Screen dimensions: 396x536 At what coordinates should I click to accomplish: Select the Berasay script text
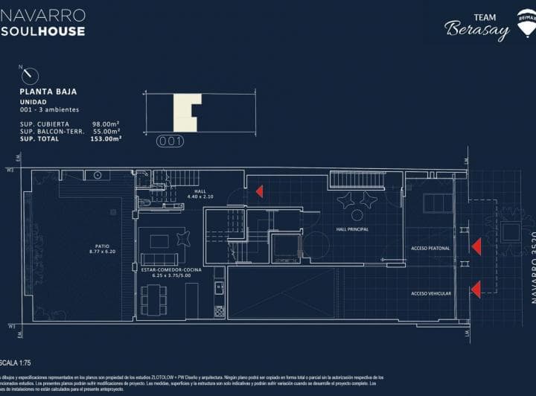477,31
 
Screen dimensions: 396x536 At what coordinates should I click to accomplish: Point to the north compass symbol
31,75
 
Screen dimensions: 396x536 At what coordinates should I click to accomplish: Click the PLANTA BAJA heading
48,92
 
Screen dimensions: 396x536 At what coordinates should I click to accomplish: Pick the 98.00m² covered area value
106,124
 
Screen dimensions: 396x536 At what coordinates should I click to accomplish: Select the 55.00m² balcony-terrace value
106,131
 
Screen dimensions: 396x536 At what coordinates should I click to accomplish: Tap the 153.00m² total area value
106,138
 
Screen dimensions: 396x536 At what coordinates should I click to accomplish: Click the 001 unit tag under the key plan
170,141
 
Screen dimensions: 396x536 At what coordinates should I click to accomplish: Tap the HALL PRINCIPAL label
353,229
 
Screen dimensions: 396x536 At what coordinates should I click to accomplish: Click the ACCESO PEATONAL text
431,248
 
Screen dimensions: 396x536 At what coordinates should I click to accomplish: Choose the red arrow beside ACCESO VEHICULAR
476,289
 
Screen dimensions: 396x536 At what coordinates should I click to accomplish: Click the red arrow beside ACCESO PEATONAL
476,246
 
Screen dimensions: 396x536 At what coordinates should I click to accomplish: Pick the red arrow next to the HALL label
259,191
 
